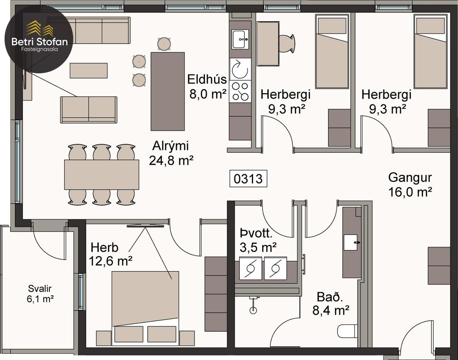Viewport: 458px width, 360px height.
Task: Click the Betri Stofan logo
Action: [x=39, y=39]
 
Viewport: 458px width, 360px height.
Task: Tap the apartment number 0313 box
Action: [x=248, y=179]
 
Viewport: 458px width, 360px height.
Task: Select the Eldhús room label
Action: [x=207, y=79]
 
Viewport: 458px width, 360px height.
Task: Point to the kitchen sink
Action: [x=240, y=39]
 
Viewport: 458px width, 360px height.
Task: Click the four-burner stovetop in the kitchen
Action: [x=240, y=91]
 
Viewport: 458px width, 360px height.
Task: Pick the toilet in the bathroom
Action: [x=347, y=331]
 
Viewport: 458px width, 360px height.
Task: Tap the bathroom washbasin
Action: [x=351, y=242]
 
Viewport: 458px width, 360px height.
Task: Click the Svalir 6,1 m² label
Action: [x=40, y=294]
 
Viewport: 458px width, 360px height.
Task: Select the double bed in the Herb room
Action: [x=145, y=307]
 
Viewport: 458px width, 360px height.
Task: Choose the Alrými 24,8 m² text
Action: [x=171, y=153]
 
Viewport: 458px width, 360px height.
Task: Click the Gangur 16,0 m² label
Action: [x=410, y=184]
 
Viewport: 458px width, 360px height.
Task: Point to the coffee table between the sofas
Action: [x=88, y=71]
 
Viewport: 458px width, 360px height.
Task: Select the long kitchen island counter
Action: [x=168, y=91]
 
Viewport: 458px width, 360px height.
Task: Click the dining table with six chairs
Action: [x=102, y=174]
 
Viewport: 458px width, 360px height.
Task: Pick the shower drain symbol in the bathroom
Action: [x=253, y=309]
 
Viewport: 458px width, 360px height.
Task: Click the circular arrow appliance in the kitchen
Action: [x=240, y=69]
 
